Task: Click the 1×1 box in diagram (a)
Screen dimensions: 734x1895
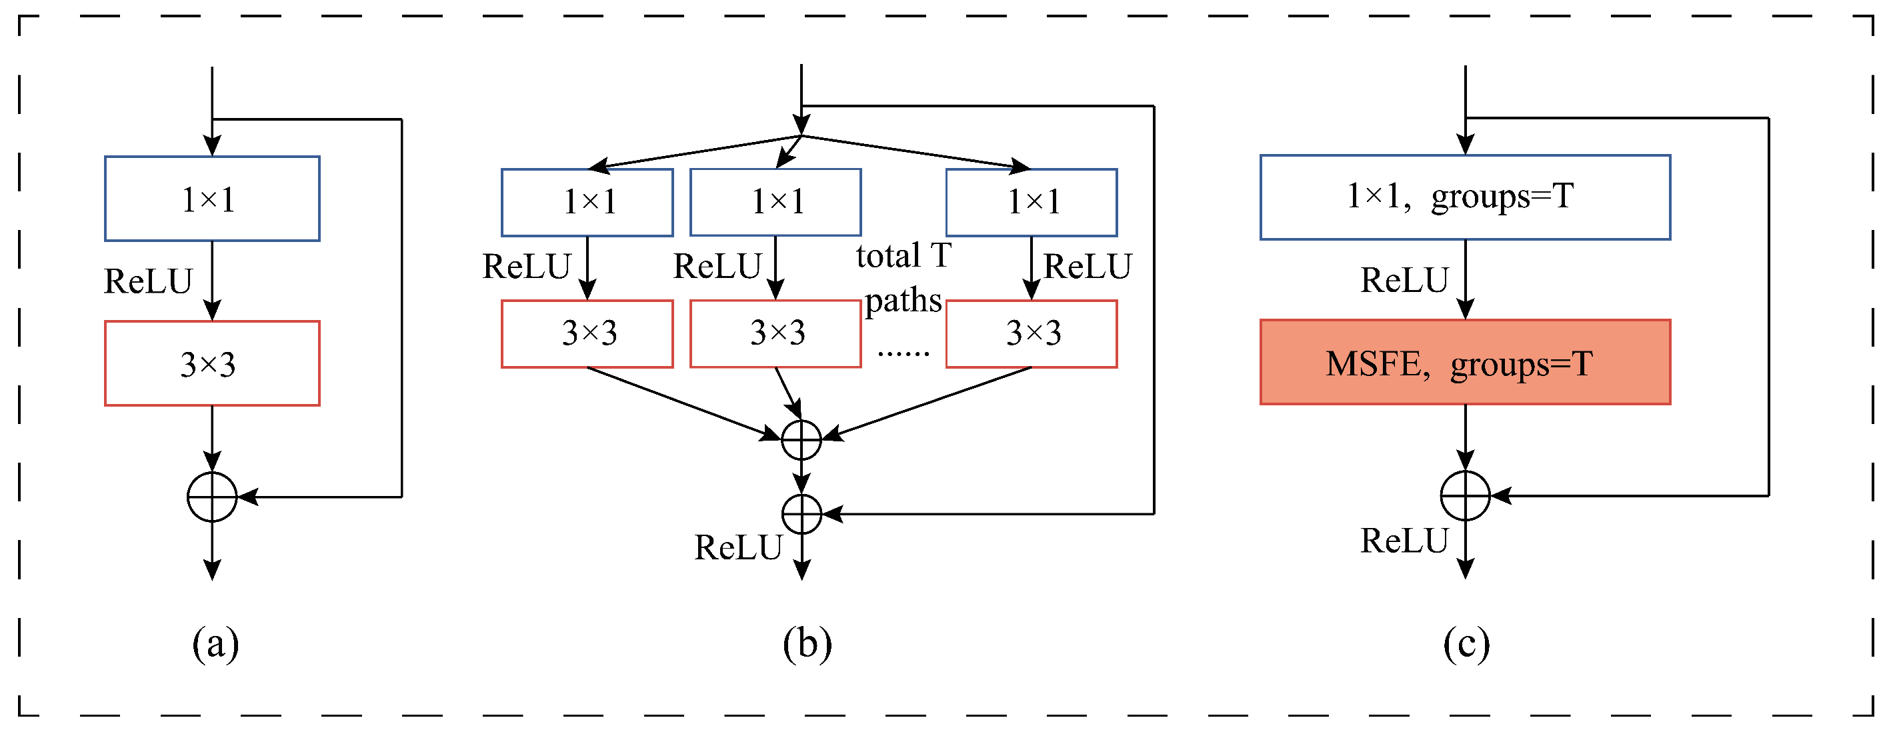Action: (212, 199)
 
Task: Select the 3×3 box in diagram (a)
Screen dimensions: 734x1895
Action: (212, 363)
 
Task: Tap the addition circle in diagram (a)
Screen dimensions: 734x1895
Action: (212, 497)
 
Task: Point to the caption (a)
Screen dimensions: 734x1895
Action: (215, 644)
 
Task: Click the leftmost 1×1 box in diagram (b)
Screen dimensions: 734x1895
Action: (587, 202)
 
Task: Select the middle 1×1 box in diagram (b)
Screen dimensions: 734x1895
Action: (775, 202)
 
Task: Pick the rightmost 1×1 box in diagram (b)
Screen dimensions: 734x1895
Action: (1032, 202)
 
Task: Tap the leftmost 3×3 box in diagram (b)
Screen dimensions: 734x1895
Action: (587, 334)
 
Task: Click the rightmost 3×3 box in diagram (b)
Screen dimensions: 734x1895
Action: (1032, 334)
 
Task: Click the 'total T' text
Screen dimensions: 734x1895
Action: (903, 256)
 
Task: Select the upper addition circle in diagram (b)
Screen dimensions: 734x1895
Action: (801, 440)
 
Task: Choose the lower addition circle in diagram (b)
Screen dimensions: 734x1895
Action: (801, 514)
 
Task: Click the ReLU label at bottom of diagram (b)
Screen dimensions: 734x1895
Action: (738, 548)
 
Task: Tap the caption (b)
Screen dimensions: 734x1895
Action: (807, 644)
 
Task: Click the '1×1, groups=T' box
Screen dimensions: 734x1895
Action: (1466, 197)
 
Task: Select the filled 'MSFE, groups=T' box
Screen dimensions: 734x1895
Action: (1466, 363)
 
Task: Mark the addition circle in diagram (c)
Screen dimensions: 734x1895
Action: (1466, 496)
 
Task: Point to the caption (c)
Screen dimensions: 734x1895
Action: (1466, 644)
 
